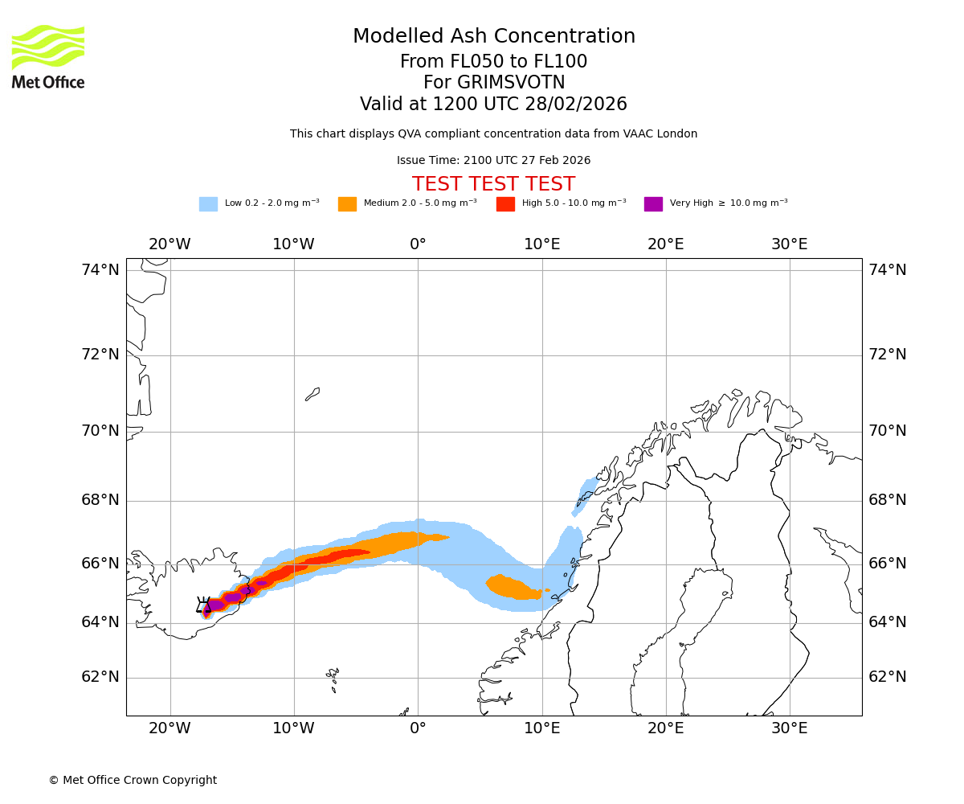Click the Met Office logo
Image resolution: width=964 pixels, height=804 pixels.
[x=48, y=56]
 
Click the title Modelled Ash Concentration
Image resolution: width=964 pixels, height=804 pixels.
[x=494, y=36]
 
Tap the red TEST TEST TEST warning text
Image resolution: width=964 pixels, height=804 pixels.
[x=494, y=184]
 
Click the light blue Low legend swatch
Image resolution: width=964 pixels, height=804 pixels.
[x=208, y=204]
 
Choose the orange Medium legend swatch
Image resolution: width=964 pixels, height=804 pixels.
[x=347, y=204]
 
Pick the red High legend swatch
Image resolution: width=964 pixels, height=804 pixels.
[x=505, y=204]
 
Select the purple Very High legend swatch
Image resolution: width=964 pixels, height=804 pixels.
[x=653, y=204]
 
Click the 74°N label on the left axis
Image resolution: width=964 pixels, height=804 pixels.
[x=100, y=270]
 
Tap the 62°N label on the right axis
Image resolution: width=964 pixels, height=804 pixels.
[x=888, y=677]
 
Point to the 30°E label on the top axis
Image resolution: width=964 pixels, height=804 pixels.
[x=790, y=244]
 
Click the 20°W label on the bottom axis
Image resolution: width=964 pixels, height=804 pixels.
[x=170, y=728]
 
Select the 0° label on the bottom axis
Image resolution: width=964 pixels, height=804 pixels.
[x=418, y=728]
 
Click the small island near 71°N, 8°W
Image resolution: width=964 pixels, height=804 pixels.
[x=312, y=394]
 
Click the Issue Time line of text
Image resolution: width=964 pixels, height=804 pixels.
[x=494, y=161]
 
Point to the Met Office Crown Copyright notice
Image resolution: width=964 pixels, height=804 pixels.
[x=133, y=781]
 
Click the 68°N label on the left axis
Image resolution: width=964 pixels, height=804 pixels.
[x=100, y=500]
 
